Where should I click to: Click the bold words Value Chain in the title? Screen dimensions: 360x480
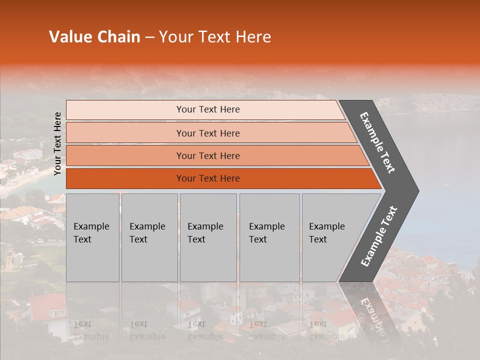[94, 37]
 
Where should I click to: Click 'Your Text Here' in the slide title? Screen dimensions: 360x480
[215, 37]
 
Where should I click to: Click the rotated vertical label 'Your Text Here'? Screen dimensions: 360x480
[57, 143]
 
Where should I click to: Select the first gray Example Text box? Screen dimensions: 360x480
[92, 237]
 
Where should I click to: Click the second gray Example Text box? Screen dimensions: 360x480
[149, 237]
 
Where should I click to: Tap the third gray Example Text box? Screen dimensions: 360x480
[208, 237]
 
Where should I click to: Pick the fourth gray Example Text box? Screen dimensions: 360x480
[269, 237]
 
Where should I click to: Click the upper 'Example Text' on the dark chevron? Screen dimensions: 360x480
[377, 142]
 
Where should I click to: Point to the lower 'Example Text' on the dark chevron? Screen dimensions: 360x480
[379, 236]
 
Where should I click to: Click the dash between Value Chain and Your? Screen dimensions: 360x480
[149, 37]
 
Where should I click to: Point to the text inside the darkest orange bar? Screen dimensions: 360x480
[208, 178]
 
